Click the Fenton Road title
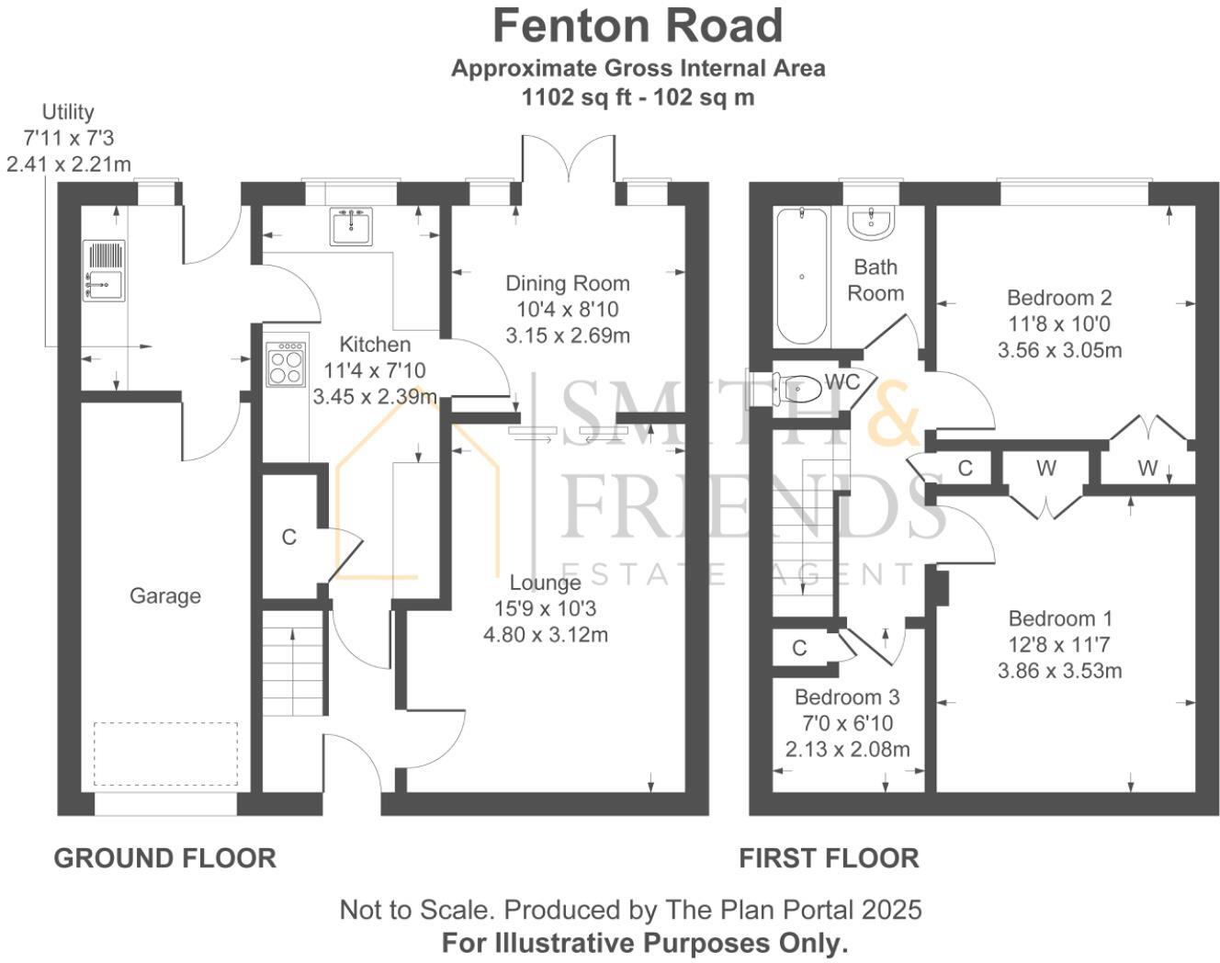[638, 26]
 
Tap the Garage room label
[164, 595]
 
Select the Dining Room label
[568, 283]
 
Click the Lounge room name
[545, 583]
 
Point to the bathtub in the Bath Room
[802, 276]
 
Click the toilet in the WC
[796, 389]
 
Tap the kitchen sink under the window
[352, 226]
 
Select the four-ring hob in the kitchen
[286, 365]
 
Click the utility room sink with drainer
[103, 271]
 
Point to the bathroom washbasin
[869, 221]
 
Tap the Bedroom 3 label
[846, 697]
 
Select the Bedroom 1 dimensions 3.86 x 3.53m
[1059, 671]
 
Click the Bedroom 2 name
[1059, 298]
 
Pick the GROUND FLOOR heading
[164, 858]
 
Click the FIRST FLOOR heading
[829, 858]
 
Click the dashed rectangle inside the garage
[165, 753]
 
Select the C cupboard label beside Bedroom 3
[799, 648]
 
